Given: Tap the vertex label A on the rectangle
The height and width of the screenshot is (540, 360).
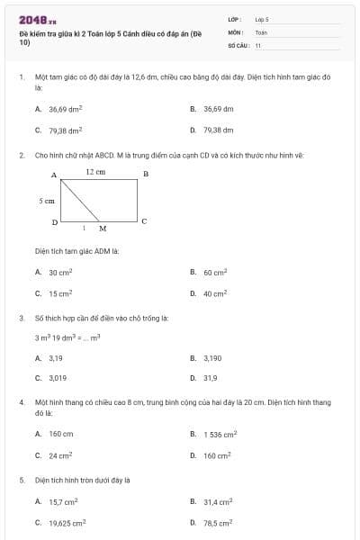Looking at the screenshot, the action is pos(53,174).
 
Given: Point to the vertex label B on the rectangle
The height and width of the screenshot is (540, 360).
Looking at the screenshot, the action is pos(146,173).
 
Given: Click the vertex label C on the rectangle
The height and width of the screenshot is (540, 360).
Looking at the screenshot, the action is pos(144,220).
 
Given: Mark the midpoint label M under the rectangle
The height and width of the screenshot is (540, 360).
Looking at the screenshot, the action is pos(103,229).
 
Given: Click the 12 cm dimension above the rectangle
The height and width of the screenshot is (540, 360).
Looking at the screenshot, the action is pos(95,170).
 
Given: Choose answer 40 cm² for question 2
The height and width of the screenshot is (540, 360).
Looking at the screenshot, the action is pos(214,293).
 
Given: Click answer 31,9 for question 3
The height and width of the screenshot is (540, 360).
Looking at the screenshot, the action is pos(210,379).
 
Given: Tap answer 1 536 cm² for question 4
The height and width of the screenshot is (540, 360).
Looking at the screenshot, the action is pos(220,434).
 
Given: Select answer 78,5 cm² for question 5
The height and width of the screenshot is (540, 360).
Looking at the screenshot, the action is pos(218,522).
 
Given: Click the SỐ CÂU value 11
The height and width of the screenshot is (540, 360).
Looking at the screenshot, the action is pos(258,44).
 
